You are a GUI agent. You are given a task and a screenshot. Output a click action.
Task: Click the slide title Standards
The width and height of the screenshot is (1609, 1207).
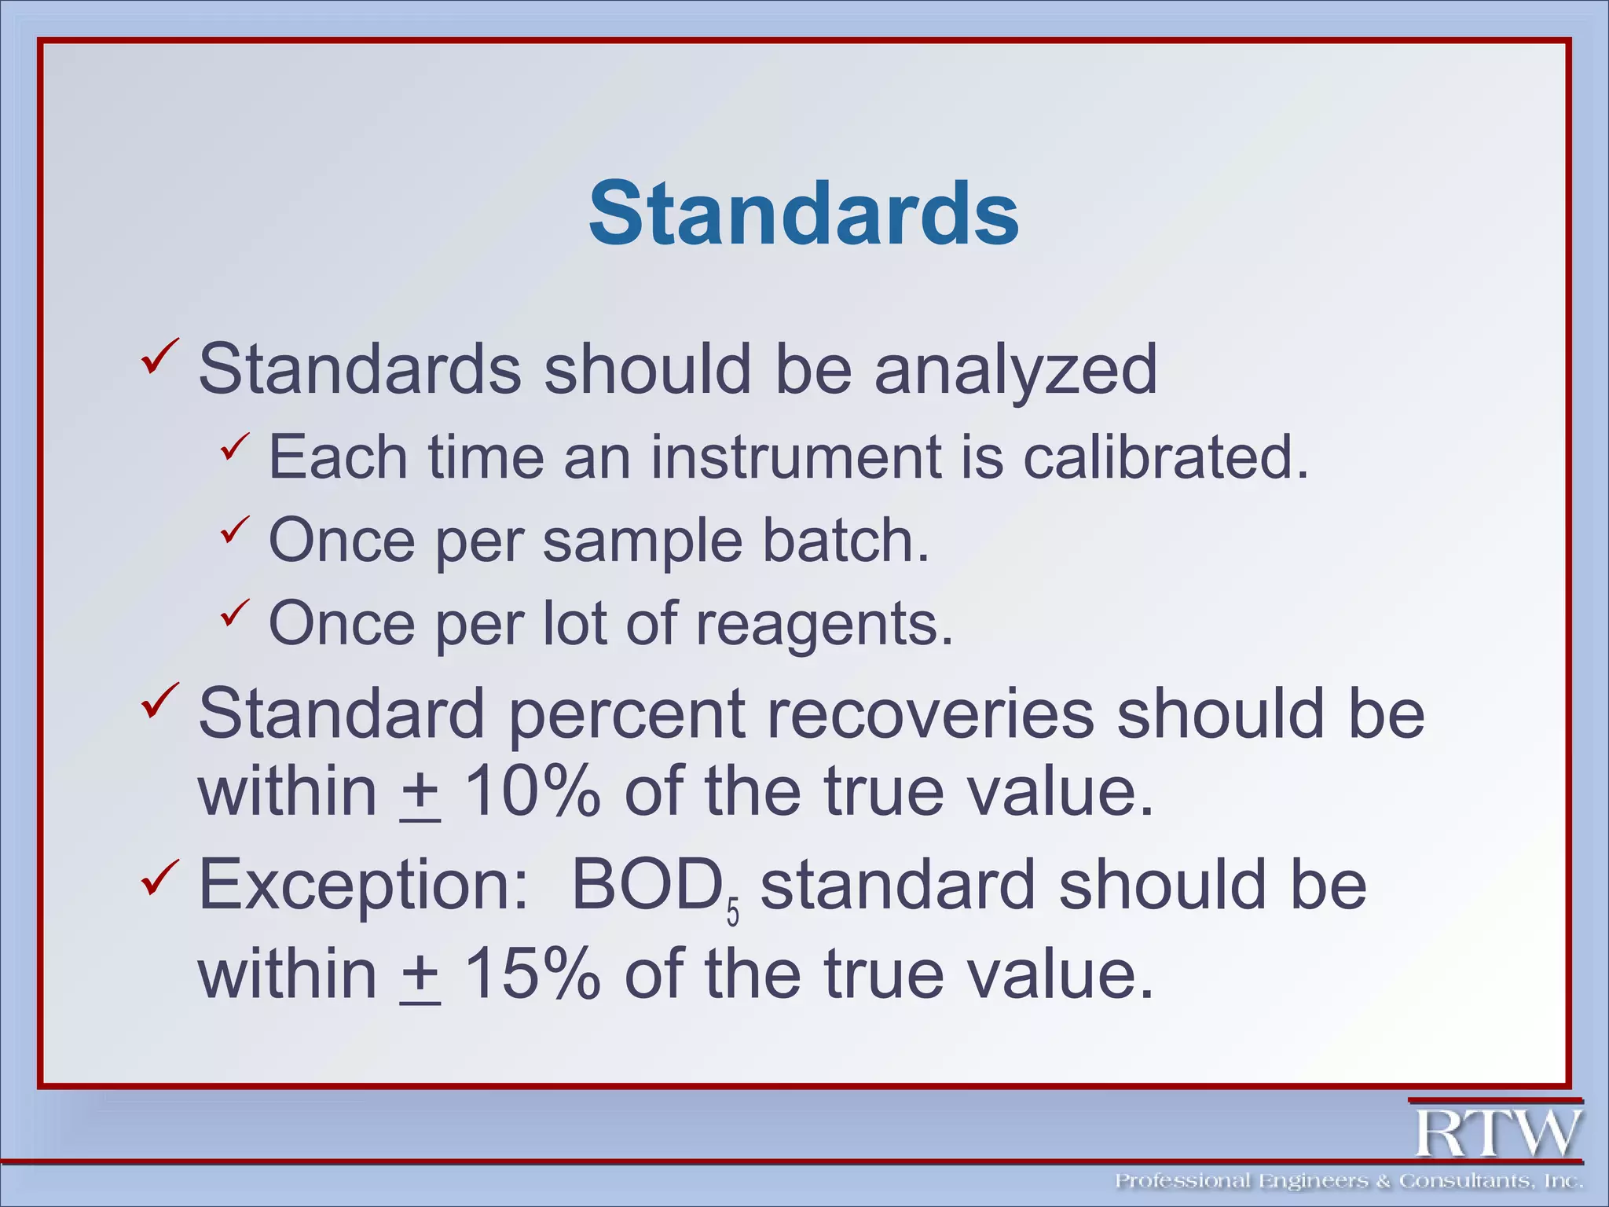coord(804,214)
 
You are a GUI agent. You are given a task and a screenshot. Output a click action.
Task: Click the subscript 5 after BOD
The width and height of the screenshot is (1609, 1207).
coord(732,914)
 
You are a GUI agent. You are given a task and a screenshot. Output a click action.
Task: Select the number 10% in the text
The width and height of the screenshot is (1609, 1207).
coord(532,791)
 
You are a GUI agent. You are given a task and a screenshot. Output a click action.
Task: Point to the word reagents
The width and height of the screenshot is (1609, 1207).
coord(824,623)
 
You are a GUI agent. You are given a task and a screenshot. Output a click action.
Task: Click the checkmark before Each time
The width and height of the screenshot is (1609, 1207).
coord(234,447)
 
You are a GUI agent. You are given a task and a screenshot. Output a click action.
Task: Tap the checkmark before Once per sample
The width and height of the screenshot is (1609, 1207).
coord(234,530)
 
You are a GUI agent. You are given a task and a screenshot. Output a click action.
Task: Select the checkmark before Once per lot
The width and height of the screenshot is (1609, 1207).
coord(234,613)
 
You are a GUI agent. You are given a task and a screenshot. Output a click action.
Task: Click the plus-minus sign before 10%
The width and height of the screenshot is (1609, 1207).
coord(420,794)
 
